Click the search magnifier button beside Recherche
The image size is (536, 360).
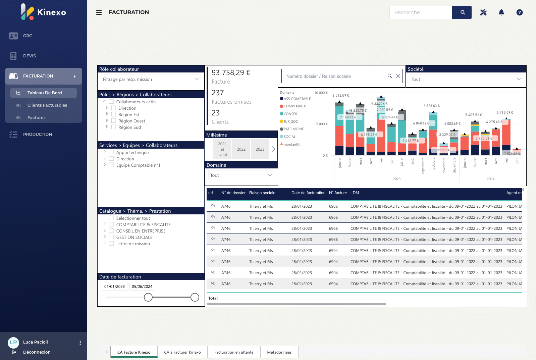click(x=462, y=12)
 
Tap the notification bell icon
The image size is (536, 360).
click(x=501, y=12)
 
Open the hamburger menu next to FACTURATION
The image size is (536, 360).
click(x=99, y=12)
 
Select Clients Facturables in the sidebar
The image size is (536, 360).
click(x=47, y=105)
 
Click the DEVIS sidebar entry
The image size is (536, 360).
click(x=30, y=56)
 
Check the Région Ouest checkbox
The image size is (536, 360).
click(x=114, y=121)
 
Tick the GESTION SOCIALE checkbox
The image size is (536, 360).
click(x=111, y=237)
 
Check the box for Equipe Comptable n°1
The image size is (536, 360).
click(x=111, y=165)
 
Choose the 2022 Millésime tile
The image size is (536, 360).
click(x=241, y=149)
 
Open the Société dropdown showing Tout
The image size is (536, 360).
click(x=466, y=80)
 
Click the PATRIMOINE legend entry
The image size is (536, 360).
click(x=293, y=129)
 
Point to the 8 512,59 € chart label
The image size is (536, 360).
click(x=340, y=96)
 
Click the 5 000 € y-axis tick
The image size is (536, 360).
click(x=322, y=124)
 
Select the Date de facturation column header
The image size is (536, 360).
click(x=308, y=193)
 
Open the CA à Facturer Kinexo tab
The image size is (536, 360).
click(x=182, y=352)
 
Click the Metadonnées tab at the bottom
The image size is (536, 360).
click(x=279, y=352)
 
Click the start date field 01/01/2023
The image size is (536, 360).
click(x=114, y=287)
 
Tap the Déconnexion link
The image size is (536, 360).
click(x=37, y=352)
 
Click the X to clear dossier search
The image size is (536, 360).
click(x=398, y=76)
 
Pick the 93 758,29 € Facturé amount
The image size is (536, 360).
click(x=231, y=73)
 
